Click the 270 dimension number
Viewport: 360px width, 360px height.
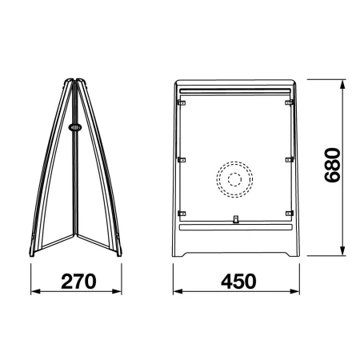point(78,282)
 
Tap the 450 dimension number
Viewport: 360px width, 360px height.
point(238,282)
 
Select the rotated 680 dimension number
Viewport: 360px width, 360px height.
point(332,165)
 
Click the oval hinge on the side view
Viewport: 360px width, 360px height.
point(75,127)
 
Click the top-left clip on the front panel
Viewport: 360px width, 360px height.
point(182,102)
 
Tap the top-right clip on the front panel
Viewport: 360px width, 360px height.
point(289,102)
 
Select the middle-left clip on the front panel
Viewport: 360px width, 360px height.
point(182,160)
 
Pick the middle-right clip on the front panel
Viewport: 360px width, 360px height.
point(290,160)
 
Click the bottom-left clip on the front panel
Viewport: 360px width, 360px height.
point(182,214)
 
